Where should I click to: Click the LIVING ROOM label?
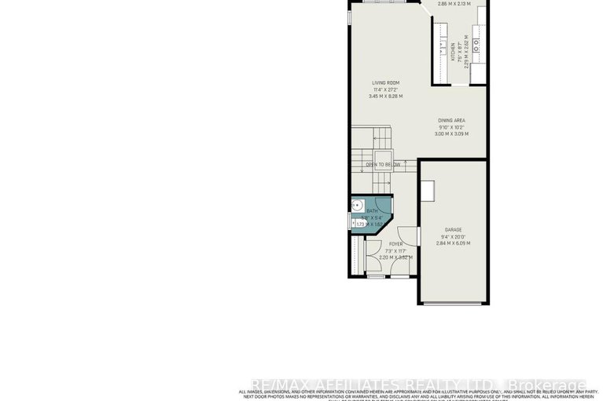[x=386, y=82]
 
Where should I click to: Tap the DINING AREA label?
[x=451, y=120]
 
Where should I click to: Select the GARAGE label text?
[x=452, y=230]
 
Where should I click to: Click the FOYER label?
[x=395, y=244]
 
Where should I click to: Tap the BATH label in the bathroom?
[x=373, y=210]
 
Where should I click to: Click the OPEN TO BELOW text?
[x=383, y=164]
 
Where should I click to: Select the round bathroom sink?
[x=355, y=210]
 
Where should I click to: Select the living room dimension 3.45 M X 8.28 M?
[x=385, y=96]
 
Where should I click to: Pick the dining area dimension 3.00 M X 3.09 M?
[x=451, y=133]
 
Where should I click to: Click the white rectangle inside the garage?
[x=427, y=191]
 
